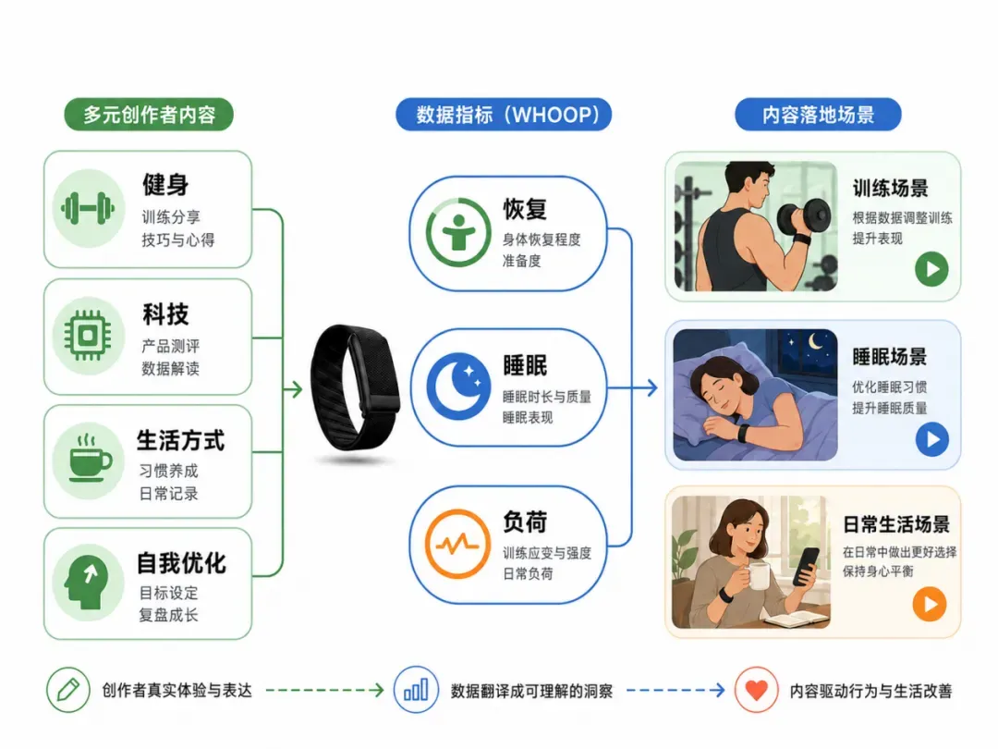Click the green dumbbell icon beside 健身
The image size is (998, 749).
tap(88, 208)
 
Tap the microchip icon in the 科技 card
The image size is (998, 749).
tap(88, 335)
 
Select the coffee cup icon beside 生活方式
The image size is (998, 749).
tap(89, 459)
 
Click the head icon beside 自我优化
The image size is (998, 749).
tap(86, 582)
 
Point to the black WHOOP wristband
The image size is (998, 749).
tap(355, 387)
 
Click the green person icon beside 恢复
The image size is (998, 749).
tap(458, 232)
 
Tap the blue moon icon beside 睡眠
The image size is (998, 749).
tap(458, 386)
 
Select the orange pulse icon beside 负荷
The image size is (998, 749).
tap(457, 544)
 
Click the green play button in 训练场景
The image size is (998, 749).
tap(931, 269)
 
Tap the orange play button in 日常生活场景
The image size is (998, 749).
tap(930, 604)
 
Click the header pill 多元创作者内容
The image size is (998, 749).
tap(149, 115)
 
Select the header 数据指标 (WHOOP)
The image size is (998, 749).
tap(505, 115)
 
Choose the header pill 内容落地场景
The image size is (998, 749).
tap(819, 115)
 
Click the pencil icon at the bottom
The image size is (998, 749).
tap(68, 690)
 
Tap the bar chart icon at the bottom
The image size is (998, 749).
tap(416, 690)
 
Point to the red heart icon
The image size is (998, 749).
tap(756, 690)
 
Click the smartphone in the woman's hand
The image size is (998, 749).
tap(805, 566)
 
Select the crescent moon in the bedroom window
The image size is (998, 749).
tap(815, 343)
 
